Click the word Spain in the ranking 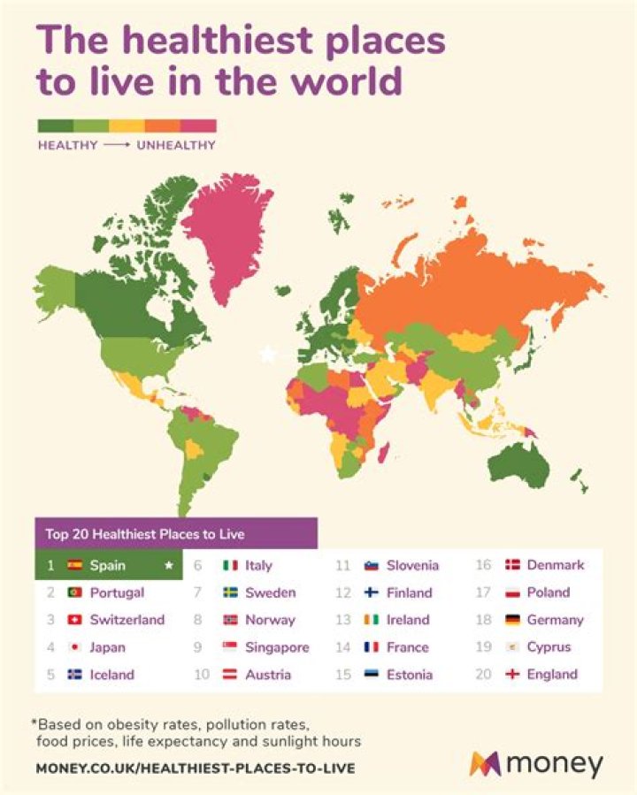click(107, 565)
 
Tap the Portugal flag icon click(74, 592)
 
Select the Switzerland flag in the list click(74, 620)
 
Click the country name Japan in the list click(107, 647)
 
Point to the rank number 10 click(201, 675)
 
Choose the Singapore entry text click(277, 647)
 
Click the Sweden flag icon click(230, 592)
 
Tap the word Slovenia click(412, 565)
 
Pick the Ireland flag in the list click(372, 620)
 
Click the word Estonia click(410, 675)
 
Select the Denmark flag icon click(512, 565)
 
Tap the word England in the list click(552, 675)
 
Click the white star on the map click(267, 355)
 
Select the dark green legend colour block click(55, 126)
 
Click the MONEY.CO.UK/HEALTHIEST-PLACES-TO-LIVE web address click(196, 768)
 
